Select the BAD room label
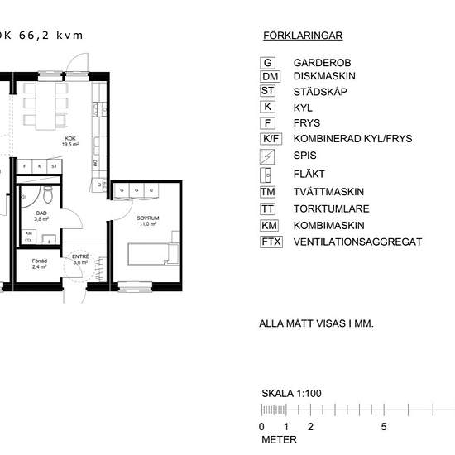pos(41,215)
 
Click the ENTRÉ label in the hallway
pos(80,258)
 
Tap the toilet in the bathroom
pos(48,195)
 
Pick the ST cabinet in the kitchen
pos(54,166)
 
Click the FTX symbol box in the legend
pos(271,242)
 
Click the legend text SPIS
pos(304,156)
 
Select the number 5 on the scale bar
pos(383,427)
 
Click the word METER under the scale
pos(279,440)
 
